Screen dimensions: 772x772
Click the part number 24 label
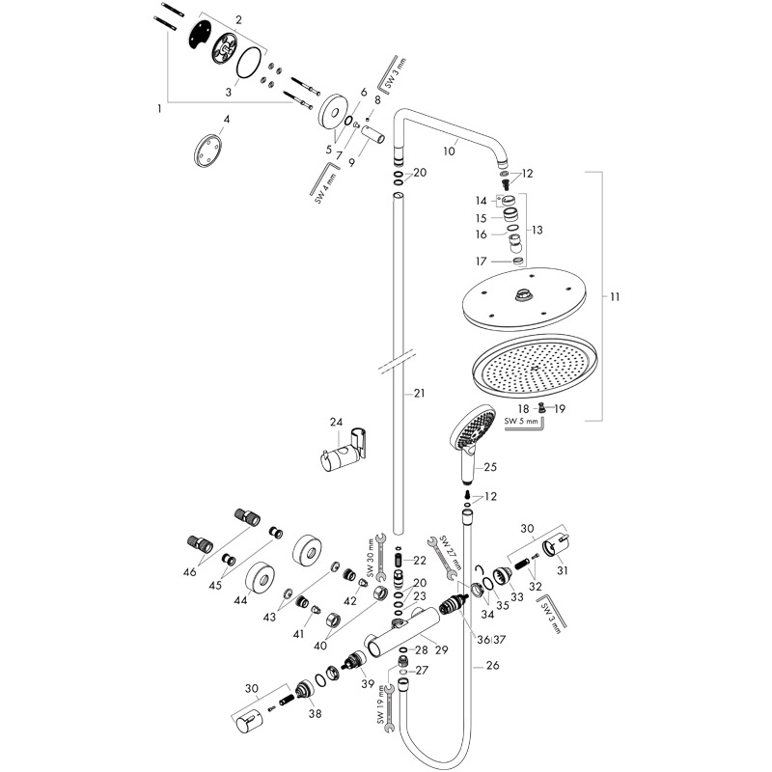[336, 422]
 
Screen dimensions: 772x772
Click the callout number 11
[614, 297]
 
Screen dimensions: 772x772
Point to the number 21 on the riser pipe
[419, 393]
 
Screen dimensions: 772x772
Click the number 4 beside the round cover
[227, 121]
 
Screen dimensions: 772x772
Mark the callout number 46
[189, 572]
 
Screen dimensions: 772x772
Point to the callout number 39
[367, 683]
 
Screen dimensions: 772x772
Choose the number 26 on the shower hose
[493, 664]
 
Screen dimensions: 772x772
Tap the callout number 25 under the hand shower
[489, 467]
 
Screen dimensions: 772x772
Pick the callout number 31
[561, 570]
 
